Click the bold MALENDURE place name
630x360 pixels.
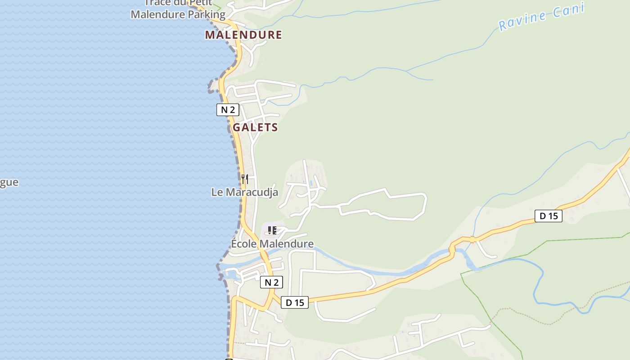click(x=243, y=35)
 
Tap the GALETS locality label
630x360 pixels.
click(x=255, y=127)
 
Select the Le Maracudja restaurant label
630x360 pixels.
click(x=245, y=192)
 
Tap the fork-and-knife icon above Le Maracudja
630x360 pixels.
click(x=244, y=179)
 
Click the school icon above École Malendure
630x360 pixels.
click(x=272, y=230)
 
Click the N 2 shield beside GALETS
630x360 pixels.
click(x=228, y=110)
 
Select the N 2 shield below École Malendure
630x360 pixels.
click(x=271, y=282)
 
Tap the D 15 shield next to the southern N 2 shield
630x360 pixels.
click(x=295, y=302)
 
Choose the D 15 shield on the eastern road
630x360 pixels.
click(x=549, y=216)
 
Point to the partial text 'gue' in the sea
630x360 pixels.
click(x=9, y=182)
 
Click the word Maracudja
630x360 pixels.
click(x=252, y=192)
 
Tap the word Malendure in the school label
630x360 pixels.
click(x=287, y=244)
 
